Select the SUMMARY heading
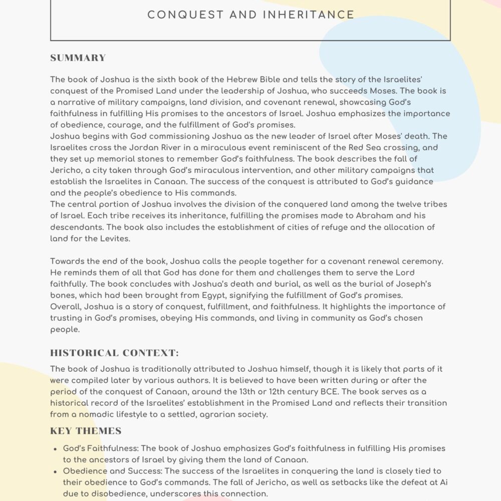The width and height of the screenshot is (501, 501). [x=78, y=58]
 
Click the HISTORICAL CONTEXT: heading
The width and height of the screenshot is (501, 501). [x=114, y=353]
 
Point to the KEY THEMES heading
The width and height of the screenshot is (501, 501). [x=86, y=431]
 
